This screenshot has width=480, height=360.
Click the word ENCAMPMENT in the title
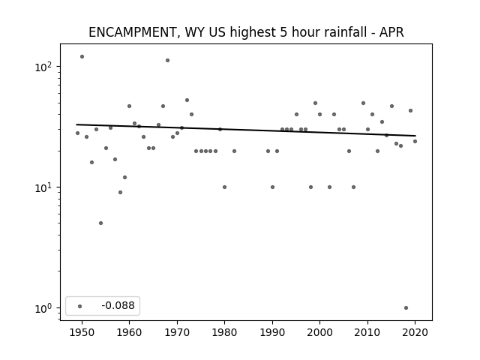coord(132,32)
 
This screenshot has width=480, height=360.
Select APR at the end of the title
coord(391,32)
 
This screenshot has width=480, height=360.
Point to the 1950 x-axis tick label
coord(82,332)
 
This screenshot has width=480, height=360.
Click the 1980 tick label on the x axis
coord(224,332)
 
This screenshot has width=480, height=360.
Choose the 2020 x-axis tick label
coord(415,332)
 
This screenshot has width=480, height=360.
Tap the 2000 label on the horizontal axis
coord(319,332)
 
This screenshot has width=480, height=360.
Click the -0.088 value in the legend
coord(118,305)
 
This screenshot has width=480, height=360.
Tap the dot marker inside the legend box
coord(80,306)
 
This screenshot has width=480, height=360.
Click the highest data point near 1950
coord(82,57)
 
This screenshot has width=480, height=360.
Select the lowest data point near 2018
coord(406,308)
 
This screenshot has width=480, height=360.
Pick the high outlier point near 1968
coord(167,60)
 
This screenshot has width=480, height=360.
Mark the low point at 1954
coord(100,223)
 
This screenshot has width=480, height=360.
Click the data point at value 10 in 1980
coord(225,187)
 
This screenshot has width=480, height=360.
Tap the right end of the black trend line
coord(415,136)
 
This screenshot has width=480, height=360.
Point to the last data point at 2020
coord(415,142)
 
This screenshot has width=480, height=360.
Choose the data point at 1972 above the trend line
coord(187,100)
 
